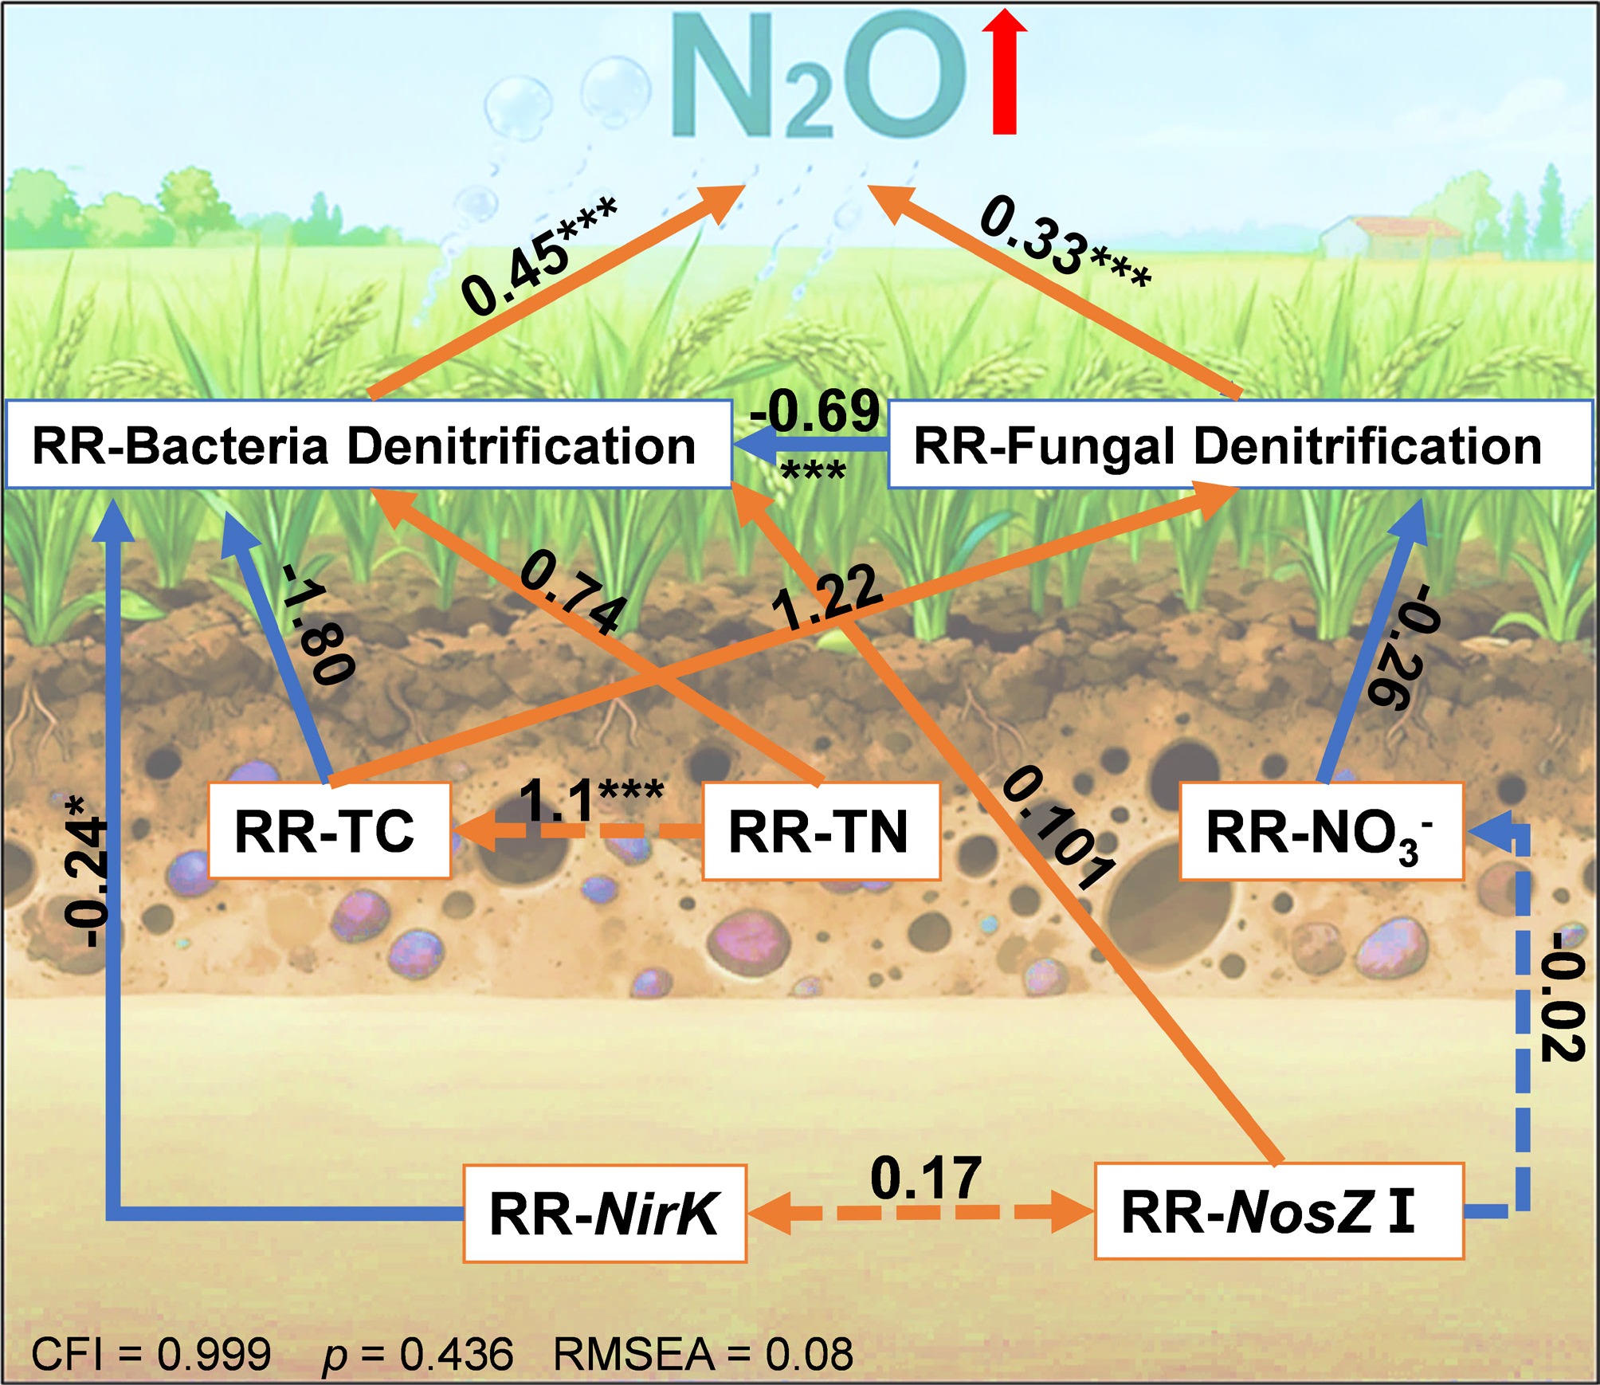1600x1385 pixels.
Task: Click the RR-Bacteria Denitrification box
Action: tap(368, 445)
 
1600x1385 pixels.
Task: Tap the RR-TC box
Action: tap(328, 830)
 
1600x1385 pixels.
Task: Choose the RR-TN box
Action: tap(821, 830)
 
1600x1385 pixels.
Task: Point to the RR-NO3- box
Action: tap(1321, 830)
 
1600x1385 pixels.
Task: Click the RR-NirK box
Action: tap(604, 1213)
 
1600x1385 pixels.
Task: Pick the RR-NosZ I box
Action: tap(1278, 1210)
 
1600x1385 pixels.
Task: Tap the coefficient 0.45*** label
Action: tap(540, 255)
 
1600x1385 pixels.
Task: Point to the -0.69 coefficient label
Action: tap(814, 411)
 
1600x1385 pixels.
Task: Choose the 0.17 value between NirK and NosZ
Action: tap(924, 1178)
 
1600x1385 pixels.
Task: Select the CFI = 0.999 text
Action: tap(151, 1353)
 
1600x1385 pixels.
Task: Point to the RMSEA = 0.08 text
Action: tap(703, 1353)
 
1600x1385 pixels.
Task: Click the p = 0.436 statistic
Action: tap(418, 1353)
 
